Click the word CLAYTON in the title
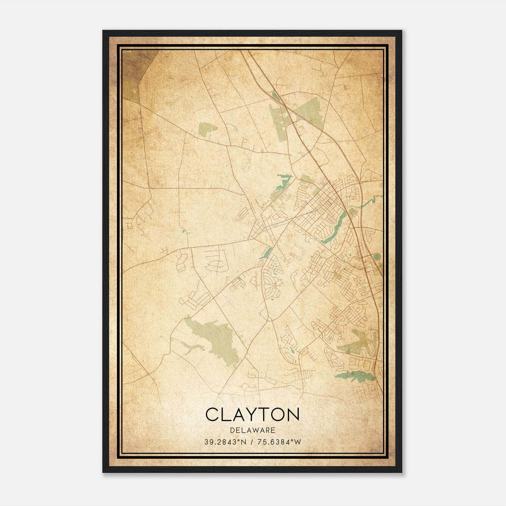[x=252, y=415]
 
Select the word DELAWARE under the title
[x=252, y=430]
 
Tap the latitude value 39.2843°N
[x=225, y=442]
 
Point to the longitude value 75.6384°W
[x=279, y=442]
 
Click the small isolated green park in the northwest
[x=207, y=129]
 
